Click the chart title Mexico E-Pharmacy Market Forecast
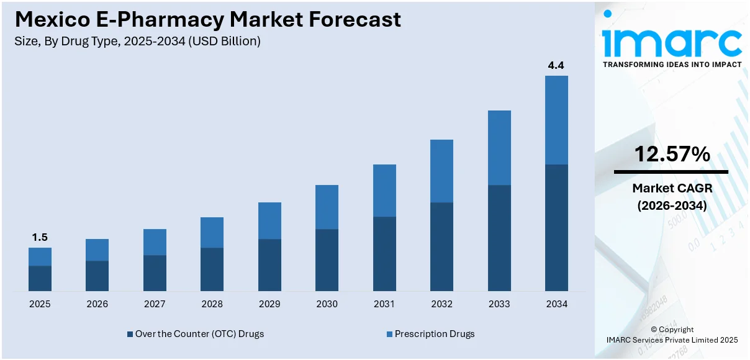pos(207,19)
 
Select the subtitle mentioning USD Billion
pos(137,42)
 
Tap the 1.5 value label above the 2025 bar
pos(40,237)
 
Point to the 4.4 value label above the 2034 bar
pos(556,65)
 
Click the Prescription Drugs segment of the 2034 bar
pos(556,120)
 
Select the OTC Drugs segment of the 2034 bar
pos(556,227)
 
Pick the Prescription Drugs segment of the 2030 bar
pos(327,207)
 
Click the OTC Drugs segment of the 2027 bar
pos(155,272)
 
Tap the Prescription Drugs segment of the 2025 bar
pos(40,256)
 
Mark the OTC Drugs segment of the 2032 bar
pos(441,246)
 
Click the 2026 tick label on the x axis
pos(97,304)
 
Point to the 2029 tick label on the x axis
pos(269,304)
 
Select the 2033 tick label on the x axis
pos(499,304)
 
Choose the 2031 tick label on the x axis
pos(384,304)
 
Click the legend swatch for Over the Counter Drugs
pos(130,334)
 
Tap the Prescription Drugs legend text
pos(435,334)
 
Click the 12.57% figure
pos(672,155)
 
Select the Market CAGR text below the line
pos(672,188)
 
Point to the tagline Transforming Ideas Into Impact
pos(672,65)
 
